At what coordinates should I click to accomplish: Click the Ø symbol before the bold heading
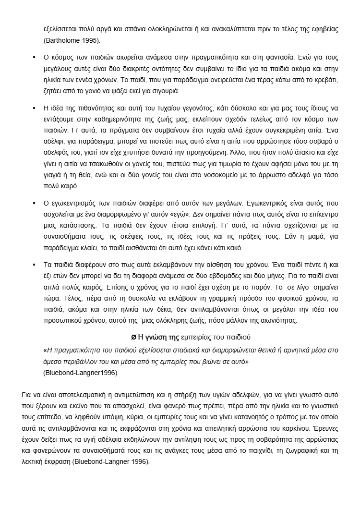click(x=134, y=336)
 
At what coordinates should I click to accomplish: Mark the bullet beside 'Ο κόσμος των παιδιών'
click(x=34, y=57)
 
